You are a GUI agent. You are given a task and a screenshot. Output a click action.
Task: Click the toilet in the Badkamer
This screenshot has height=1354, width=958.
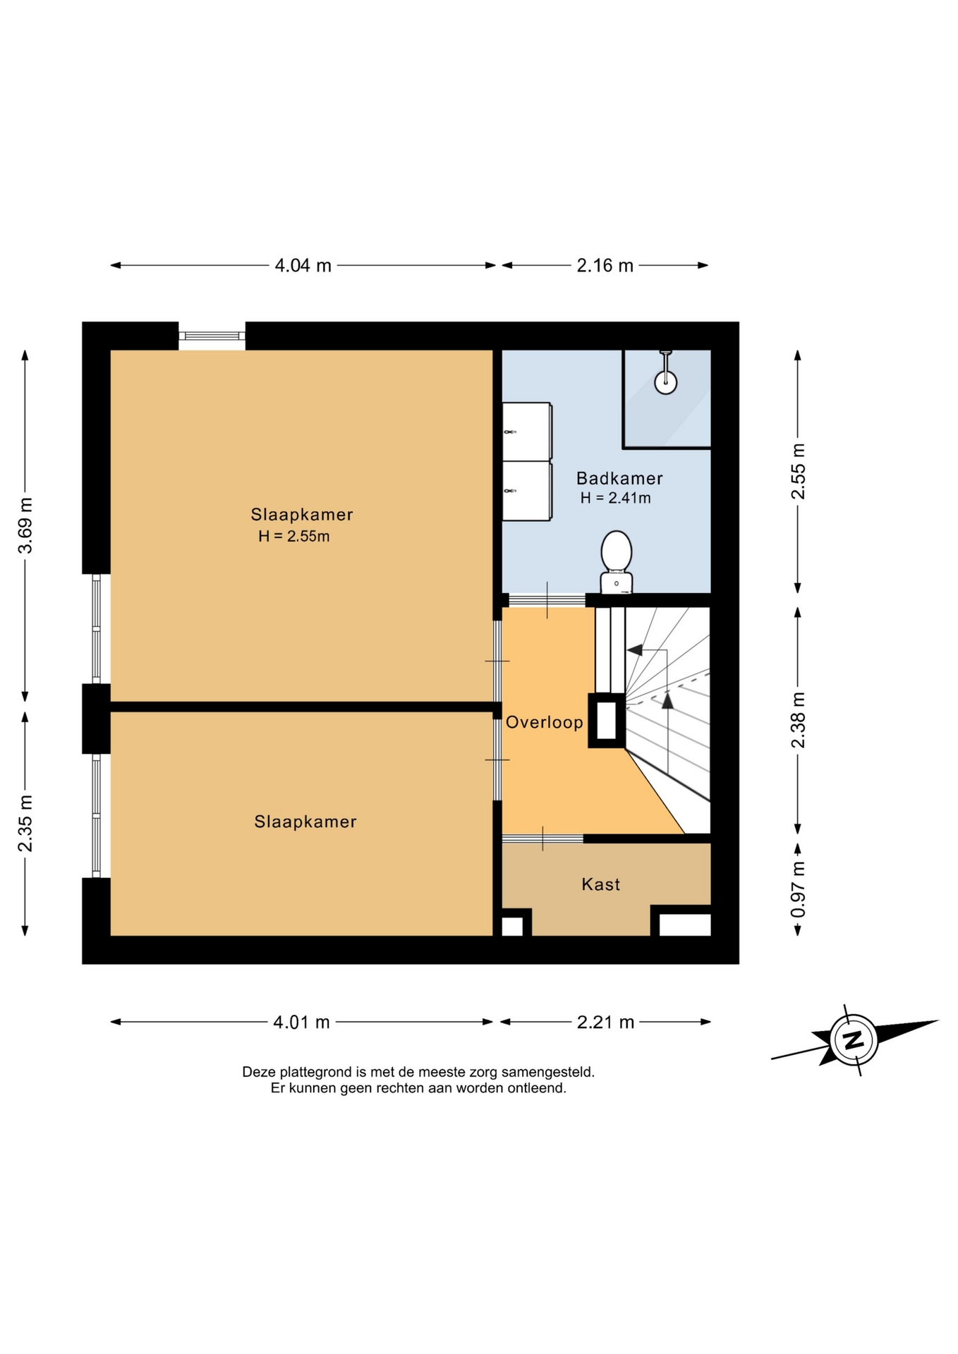pos(616,562)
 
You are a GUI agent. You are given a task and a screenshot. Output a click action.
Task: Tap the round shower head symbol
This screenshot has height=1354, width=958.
pos(665,382)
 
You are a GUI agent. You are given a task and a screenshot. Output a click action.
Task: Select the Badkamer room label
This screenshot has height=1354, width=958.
pos(619,478)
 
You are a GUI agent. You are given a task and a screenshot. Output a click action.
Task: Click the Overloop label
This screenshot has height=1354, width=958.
pos(545,722)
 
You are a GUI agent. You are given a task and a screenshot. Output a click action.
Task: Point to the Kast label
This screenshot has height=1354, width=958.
pos(601,884)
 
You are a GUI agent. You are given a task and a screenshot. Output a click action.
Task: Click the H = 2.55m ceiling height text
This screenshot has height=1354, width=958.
pos(294,536)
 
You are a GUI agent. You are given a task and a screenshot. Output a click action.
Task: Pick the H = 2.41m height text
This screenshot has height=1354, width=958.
pos(616,498)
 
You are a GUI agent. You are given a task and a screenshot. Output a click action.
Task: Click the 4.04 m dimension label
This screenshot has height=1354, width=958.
pos(303,266)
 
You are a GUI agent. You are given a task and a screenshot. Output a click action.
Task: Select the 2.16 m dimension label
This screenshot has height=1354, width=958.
pos(605,266)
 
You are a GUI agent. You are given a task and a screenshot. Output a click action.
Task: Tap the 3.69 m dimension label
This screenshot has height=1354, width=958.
pos(25,525)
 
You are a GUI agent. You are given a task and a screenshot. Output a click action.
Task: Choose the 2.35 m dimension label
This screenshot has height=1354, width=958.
pos(25,823)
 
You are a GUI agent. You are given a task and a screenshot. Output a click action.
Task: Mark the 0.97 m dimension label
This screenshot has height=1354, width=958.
pos(798,889)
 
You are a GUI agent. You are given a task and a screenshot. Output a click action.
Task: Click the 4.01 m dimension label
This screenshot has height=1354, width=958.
pos(301,1022)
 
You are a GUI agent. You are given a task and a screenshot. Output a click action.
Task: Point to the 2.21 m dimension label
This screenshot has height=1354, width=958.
pos(605,1022)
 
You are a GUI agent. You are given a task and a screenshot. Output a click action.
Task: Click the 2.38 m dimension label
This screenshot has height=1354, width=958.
pos(798,719)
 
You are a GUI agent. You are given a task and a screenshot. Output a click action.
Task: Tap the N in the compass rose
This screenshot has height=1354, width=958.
pos(854,1039)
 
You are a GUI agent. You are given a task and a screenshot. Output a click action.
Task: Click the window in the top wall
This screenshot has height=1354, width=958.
pos(212,336)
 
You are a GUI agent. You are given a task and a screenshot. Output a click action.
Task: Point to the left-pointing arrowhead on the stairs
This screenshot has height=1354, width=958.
pos(634,649)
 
